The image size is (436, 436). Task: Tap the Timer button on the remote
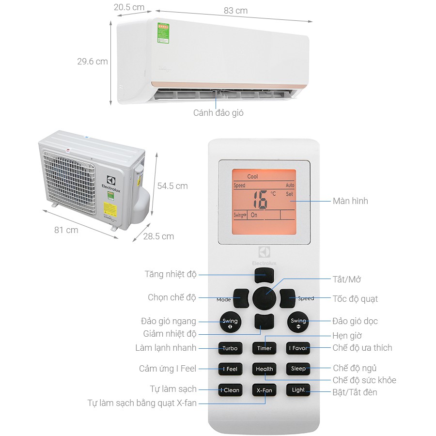click(x=264, y=348)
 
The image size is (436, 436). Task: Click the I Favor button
click(x=298, y=348)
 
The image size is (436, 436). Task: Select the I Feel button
click(x=230, y=369)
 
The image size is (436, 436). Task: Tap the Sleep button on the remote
click(x=298, y=369)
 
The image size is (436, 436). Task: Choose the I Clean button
click(x=230, y=390)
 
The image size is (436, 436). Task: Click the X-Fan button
click(x=264, y=390)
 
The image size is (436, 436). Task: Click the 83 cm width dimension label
click(x=236, y=11)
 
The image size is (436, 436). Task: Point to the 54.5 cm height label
click(x=172, y=186)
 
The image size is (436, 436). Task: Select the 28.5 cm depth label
click(x=158, y=236)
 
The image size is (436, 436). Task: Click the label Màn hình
click(x=350, y=201)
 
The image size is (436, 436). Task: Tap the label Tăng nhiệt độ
click(x=171, y=274)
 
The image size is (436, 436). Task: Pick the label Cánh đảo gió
click(x=218, y=113)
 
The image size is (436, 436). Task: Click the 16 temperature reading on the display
click(x=261, y=199)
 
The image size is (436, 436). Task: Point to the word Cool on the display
click(x=253, y=177)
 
